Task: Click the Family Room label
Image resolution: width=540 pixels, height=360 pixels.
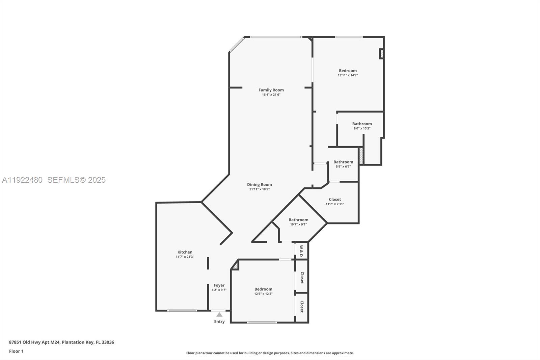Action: pyautogui.click(x=271, y=90)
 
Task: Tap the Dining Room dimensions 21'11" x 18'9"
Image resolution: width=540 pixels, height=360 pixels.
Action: pyautogui.click(x=259, y=189)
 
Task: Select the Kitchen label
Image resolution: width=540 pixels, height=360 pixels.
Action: pyautogui.click(x=185, y=252)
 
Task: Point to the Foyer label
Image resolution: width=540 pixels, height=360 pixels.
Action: pyautogui.click(x=219, y=285)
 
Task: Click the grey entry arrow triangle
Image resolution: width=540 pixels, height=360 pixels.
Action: pyautogui.click(x=219, y=314)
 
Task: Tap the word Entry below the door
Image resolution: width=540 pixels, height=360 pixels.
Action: pyautogui.click(x=219, y=322)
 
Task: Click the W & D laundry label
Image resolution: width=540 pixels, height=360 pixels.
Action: pyautogui.click(x=301, y=251)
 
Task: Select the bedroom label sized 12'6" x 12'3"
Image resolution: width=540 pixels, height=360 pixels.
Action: pyautogui.click(x=263, y=289)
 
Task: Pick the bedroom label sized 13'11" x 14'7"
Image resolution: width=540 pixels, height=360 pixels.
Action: pyautogui.click(x=348, y=71)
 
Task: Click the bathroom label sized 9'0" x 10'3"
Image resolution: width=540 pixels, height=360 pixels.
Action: pyautogui.click(x=362, y=124)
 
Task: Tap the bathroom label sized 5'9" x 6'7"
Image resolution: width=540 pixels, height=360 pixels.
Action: pyautogui.click(x=343, y=162)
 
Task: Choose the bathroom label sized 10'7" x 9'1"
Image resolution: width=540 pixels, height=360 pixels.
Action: pyautogui.click(x=298, y=220)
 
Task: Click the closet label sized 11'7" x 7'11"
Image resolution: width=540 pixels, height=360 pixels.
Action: pyautogui.click(x=335, y=199)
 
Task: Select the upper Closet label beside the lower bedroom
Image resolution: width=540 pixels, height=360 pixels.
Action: pyautogui.click(x=302, y=278)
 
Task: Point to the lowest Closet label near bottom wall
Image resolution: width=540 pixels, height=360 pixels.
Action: pyautogui.click(x=302, y=307)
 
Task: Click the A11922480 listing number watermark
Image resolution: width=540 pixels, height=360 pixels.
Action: pyautogui.click(x=22, y=180)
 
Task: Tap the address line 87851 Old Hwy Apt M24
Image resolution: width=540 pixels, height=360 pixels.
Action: pyautogui.click(x=61, y=342)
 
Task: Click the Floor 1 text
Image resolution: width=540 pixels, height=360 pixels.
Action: pyautogui.click(x=16, y=351)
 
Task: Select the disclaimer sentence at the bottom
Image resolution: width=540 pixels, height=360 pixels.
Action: pyautogui.click(x=270, y=353)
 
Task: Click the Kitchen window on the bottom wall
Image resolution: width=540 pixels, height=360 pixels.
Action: pyautogui.click(x=182, y=311)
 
